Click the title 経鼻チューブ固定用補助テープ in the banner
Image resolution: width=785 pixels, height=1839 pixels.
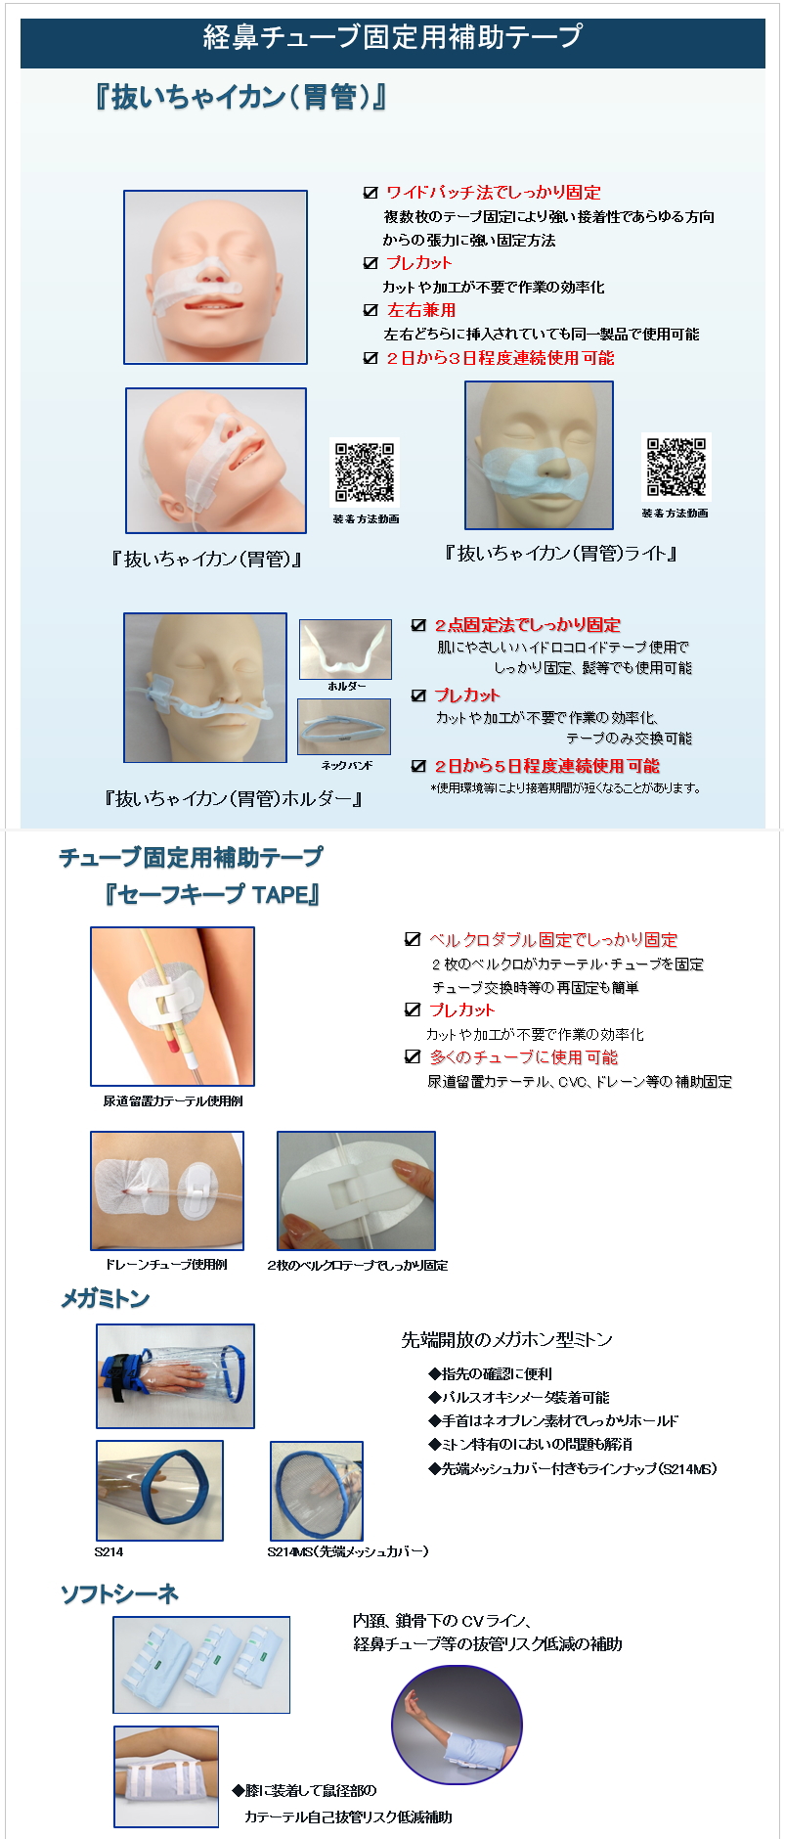[x=392, y=37]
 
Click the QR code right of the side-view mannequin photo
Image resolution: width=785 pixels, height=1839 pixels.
[x=365, y=472]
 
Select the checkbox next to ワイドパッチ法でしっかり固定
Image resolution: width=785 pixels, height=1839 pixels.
[x=371, y=193]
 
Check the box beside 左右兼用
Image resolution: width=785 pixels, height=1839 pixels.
[x=371, y=310]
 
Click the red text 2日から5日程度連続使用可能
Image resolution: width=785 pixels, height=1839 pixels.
[x=546, y=766]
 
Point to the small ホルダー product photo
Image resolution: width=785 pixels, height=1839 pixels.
[x=345, y=649]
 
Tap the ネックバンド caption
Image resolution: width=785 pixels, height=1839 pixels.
[x=346, y=765]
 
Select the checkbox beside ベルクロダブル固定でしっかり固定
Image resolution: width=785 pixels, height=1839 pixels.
[x=413, y=940]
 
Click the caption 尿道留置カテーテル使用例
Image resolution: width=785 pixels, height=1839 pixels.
[x=173, y=1101]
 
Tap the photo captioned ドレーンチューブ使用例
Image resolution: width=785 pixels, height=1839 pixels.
[x=167, y=1190]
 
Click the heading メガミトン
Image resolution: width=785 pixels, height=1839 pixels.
[x=106, y=1299]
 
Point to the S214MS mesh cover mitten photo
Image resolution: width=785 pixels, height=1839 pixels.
[x=317, y=1491]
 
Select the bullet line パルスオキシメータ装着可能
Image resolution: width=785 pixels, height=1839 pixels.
[x=518, y=1398]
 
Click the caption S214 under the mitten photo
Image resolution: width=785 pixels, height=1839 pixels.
[x=109, y=1552]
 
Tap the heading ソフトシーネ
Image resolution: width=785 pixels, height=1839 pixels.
[x=119, y=1594]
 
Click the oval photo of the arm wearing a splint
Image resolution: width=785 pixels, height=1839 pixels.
[x=457, y=1726]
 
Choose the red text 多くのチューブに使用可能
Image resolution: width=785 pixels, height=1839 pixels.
[x=524, y=1057]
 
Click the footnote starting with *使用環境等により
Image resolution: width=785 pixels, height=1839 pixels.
[x=566, y=788]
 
